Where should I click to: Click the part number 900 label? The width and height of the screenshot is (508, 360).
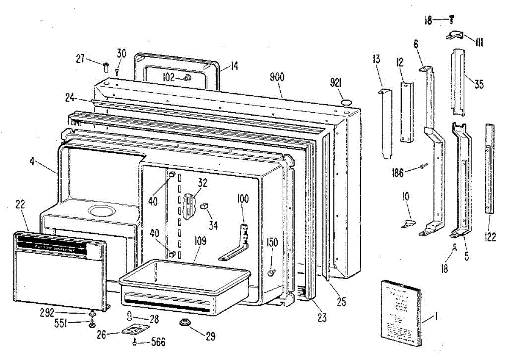click(277, 77)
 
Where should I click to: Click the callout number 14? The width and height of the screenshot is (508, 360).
click(234, 66)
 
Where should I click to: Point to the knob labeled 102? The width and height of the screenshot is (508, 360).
click(187, 78)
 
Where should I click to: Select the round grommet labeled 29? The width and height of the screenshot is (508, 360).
click(185, 323)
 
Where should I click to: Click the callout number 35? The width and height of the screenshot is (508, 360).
click(478, 84)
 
